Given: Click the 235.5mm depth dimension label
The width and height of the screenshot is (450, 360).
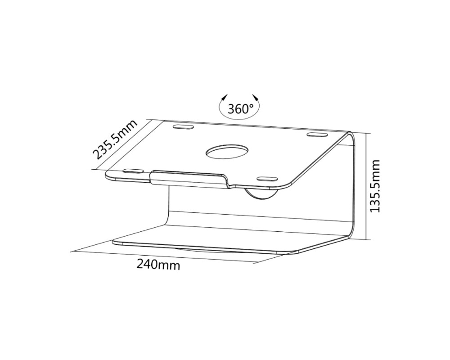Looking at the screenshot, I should (115, 140).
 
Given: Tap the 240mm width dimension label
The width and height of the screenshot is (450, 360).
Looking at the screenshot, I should (158, 265).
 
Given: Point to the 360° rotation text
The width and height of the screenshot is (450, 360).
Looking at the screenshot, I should (240, 109).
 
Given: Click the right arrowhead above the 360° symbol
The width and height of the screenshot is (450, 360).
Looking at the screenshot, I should (256, 98).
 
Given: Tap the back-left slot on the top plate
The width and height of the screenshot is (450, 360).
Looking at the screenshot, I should (183, 127).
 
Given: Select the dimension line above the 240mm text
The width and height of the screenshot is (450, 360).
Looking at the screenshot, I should (162, 256).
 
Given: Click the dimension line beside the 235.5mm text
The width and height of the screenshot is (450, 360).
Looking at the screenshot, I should (121, 145).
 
